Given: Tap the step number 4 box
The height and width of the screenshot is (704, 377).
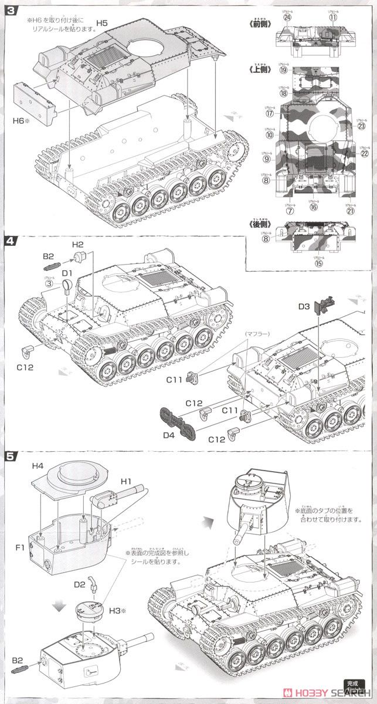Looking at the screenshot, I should pos(9,241).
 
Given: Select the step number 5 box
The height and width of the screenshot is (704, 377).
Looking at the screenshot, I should pos(9,456).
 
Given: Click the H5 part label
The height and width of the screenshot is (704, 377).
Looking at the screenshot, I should pos(102,23).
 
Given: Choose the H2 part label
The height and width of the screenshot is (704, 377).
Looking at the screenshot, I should pos(78,244).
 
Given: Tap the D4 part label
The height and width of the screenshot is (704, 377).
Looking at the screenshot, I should pos(168,435).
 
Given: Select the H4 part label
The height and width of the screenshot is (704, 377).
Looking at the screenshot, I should pos(38,466).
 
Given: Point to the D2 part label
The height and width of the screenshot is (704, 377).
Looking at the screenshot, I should pos(80,584).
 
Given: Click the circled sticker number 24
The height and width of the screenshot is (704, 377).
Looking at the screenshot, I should pos(288,17).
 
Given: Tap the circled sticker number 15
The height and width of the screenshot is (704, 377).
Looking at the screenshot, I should pos(319,263).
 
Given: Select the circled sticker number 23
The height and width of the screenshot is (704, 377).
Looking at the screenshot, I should pos(362,126).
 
